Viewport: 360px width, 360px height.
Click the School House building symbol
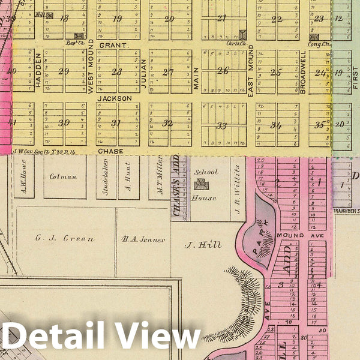tap(200, 184)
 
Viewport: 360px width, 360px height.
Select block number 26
tap(223, 71)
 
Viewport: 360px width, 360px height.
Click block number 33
tap(222, 126)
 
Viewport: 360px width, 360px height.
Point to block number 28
tap(117, 72)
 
